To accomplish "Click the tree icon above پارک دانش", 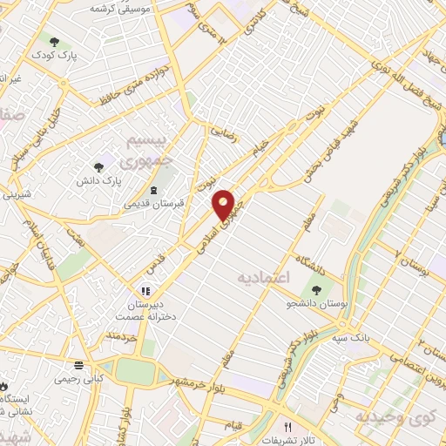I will [x=98, y=164].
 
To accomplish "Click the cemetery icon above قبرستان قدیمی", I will [x=154, y=190].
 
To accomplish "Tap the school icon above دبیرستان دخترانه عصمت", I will [x=146, y=292].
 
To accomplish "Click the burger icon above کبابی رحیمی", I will [x=78, y=365].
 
